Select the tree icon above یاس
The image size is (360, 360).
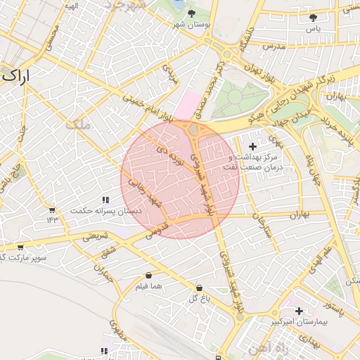313,18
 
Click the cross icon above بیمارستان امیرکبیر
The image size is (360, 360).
300,310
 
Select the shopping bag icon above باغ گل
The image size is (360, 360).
200,288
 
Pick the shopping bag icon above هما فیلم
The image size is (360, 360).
148,275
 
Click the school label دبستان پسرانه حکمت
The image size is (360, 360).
108,210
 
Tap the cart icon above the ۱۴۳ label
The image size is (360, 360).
51,210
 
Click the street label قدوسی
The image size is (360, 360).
155,233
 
